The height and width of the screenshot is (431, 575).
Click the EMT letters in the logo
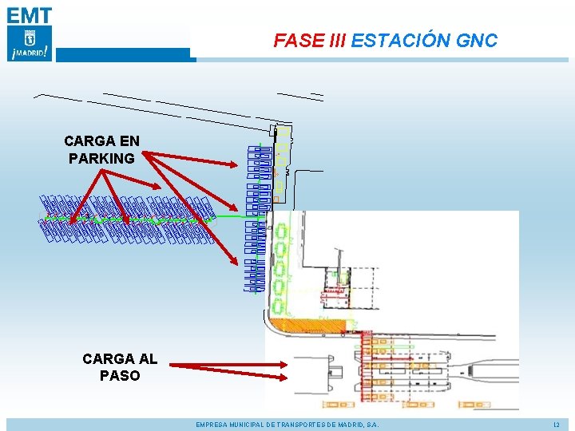click(x=30, y=14)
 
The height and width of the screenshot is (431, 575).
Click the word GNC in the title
click(x=478, y=41)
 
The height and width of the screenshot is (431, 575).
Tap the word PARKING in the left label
click(x=101, y=158)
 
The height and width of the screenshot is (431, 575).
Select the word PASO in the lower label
click(x=120, y=375)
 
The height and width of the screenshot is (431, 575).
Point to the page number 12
click(x=557, y=425)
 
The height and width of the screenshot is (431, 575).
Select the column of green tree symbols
click(x=280, y=267)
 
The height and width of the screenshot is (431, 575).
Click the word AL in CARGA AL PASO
click(x=146, y=359)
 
